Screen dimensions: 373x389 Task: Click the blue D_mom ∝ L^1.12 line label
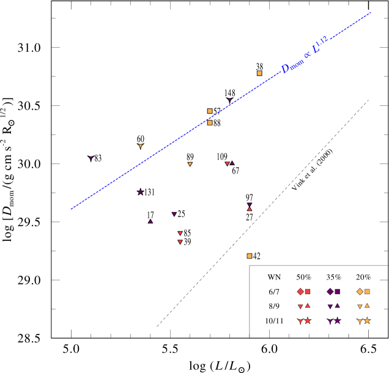[x=305, y=56]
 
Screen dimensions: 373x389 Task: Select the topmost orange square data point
[x=259, y=73]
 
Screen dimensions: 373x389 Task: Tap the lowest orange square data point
[x=250, y=256]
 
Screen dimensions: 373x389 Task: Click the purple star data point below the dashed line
[x=140, y=192]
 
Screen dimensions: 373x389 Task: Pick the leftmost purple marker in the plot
[x=91, y=158]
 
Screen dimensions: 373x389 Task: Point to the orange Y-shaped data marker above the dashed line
[x=141, y=146]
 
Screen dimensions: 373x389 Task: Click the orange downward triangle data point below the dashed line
[x=190, y=164]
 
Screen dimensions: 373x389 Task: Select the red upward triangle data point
[x=250, y=209]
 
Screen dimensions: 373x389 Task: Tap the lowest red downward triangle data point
[x=180, y=242]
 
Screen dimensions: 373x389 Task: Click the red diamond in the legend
[x=300, y=292]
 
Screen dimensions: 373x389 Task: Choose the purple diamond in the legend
[x=330, y=292]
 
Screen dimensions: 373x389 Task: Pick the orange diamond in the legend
[x=360, y=292]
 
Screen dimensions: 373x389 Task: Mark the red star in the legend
[x=308, y=321]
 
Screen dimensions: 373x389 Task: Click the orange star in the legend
[x=367, y=321]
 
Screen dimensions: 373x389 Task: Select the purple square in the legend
[x=338, y=292]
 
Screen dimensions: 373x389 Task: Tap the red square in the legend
[x=308, y=292]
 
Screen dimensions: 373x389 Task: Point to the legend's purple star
[x=338, y=321]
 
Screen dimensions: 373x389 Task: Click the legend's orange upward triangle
[x=367, y=306]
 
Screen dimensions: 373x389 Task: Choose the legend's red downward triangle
[x=300, y=306]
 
